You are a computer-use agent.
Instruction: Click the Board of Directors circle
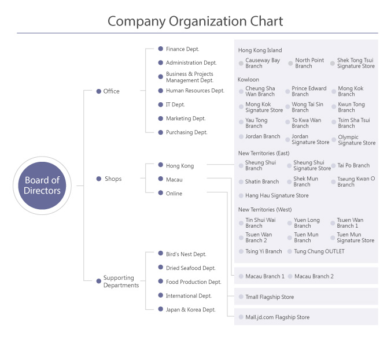coord(42,185)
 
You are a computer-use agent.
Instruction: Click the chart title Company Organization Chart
coord(195,21)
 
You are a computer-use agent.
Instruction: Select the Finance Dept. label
coord(183,49)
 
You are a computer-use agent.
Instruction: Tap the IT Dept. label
coord(175,105)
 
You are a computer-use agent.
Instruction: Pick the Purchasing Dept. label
coord(186,132)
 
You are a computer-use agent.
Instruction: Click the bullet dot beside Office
coord(99,91)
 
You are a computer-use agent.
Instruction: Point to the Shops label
coord(113,179)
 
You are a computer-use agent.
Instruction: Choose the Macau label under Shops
coord(174,180)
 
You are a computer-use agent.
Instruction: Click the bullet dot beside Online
coord(161,193)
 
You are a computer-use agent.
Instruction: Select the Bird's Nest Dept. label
coord(186,254)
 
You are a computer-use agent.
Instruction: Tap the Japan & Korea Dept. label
coord(190,310)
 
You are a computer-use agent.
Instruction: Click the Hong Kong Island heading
coord(260,50)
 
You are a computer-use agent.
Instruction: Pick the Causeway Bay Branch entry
coord(263,63)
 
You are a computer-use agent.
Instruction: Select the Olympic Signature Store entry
coord(357,140)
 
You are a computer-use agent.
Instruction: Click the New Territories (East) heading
coord(264,153)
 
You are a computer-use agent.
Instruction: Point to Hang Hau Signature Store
coord(277,195)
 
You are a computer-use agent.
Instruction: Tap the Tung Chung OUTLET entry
coord(319,251)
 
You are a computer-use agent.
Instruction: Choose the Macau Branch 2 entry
coord(314,276)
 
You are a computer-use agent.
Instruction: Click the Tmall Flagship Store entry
coord(270,297)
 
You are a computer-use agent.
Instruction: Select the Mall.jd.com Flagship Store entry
coord(277,317)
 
